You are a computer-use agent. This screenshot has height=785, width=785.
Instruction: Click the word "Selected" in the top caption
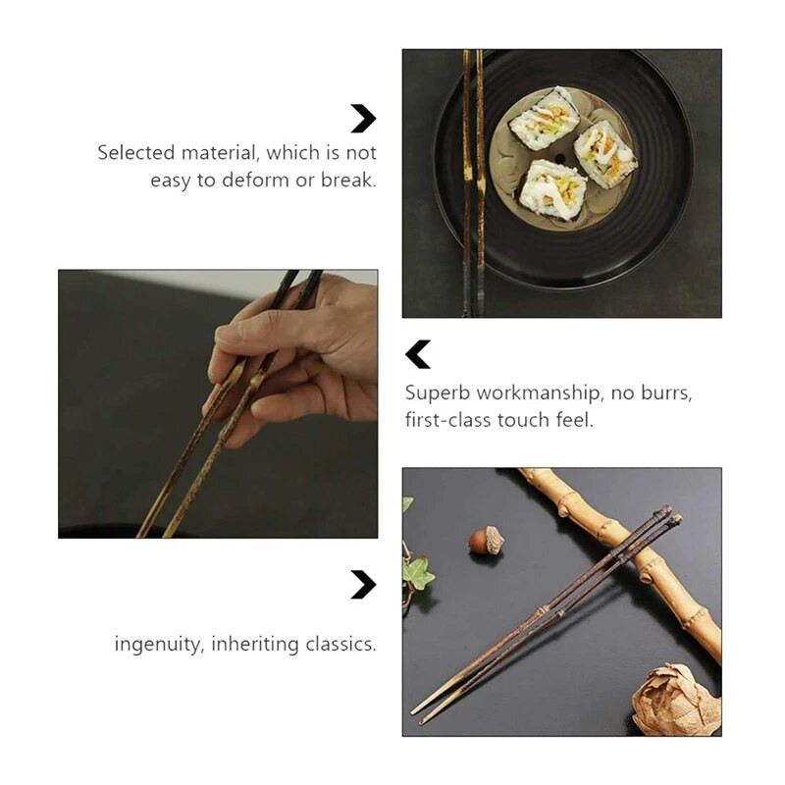point(135,153)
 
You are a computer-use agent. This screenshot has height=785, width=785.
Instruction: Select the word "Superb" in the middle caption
point(438,392)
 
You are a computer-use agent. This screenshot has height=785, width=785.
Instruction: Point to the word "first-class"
point(447,420)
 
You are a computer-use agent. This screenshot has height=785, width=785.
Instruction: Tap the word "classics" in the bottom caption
point(339,645)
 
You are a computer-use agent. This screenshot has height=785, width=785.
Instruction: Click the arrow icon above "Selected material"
point(363,119)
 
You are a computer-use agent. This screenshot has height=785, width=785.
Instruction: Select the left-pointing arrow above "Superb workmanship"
point(418,354)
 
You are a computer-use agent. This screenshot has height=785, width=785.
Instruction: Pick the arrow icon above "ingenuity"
point(363,585)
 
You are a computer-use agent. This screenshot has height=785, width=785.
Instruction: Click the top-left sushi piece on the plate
point(545,119)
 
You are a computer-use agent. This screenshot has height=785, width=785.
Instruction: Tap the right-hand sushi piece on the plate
point(604,153)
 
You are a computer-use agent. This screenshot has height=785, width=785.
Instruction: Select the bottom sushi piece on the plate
point(553,190)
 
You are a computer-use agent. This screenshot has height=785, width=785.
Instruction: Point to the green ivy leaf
point(417,573)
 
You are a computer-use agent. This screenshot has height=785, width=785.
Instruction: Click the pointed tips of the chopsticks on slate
point(421,713)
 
